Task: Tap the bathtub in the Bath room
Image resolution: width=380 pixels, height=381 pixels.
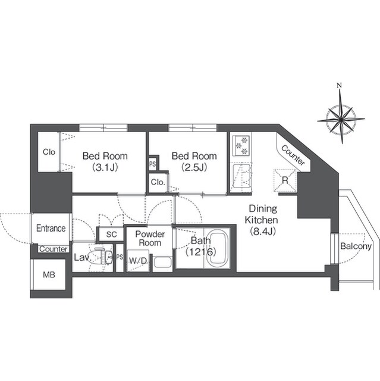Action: click(x=219, y=248)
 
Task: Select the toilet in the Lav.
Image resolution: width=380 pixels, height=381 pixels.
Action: click(x=102, y=256)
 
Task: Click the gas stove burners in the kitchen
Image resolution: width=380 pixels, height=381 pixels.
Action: click(x=241, y=145)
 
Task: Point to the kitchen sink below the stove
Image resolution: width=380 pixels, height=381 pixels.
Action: click(x=241, y=176)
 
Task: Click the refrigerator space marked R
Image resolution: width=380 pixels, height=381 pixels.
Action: click(x=285, y=180)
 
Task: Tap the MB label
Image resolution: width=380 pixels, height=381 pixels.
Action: click(x=49, y=275)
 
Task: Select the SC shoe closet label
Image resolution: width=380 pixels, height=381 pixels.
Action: click(x=111, y=234)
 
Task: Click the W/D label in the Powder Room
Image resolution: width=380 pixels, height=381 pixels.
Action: click(x=139, y=261)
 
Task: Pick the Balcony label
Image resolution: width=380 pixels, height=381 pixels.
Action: click(x=356, y=246)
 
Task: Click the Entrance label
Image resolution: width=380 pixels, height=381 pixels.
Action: click(x=51, y=228)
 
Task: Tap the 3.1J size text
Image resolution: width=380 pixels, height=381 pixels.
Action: click(x=105, y=167)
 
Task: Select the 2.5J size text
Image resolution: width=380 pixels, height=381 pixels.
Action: click(x=194, y=167)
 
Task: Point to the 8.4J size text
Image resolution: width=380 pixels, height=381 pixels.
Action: click(x=263, y=232)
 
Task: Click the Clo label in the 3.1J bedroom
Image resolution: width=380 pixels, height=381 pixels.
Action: click(x=49, y=152)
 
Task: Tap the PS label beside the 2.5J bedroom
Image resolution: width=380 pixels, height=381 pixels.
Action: click(x=153, y=164)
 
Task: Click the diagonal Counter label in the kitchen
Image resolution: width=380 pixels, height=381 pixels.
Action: click(x=293, y=155)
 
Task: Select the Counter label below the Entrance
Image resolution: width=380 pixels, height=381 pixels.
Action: click(x=54, y=249)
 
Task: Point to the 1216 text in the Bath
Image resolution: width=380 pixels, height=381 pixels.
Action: click(x=201, y=252)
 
